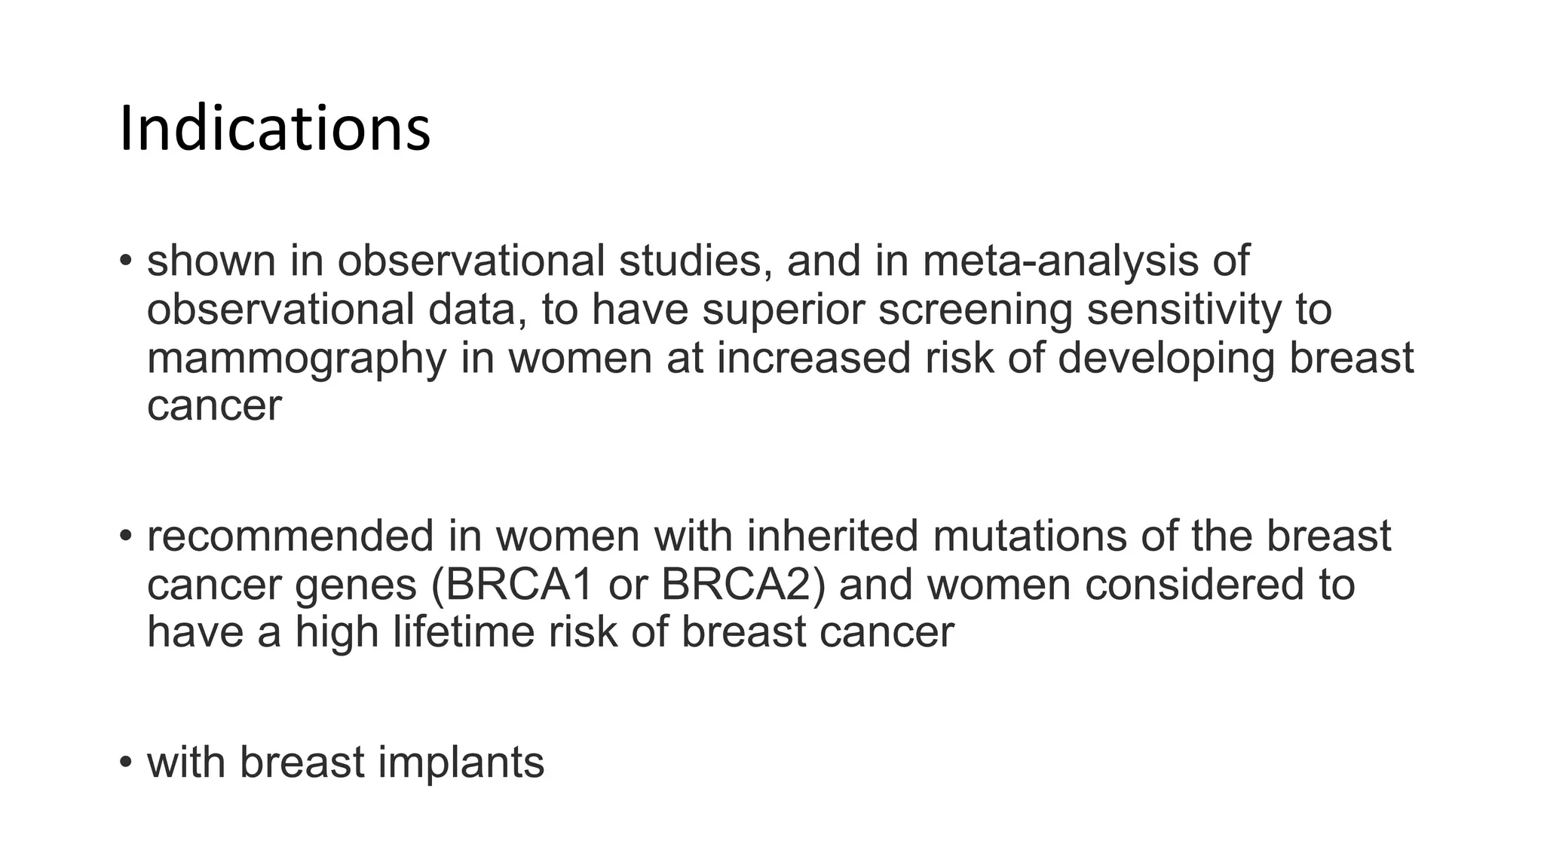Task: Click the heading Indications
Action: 274,130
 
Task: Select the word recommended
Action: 290,536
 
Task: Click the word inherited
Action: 832,536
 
